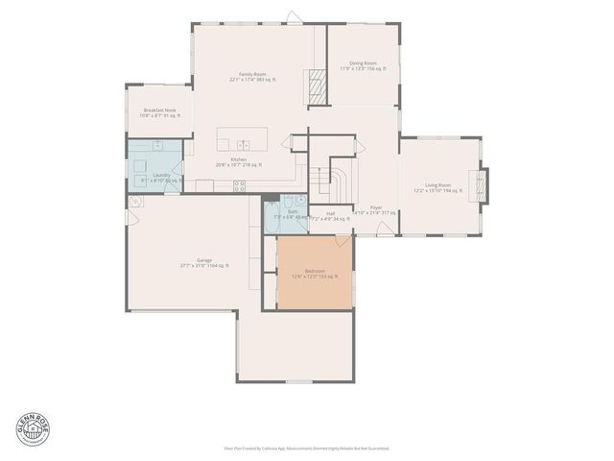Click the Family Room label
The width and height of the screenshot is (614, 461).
point(253,77)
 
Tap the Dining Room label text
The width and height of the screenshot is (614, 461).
point(362,65)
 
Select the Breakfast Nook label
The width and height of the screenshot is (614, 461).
point(159,113)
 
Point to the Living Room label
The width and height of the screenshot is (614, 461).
point(437,188)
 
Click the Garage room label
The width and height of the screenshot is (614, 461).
point(203,262)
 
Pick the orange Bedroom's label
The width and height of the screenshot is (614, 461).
point(315,274)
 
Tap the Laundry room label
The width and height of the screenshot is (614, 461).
point(161,178)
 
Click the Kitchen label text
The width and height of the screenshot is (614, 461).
point(238,161)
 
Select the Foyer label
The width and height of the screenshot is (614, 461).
point(375,209)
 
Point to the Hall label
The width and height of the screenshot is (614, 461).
point(330,216)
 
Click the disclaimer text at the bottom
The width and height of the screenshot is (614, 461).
point(306,448)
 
